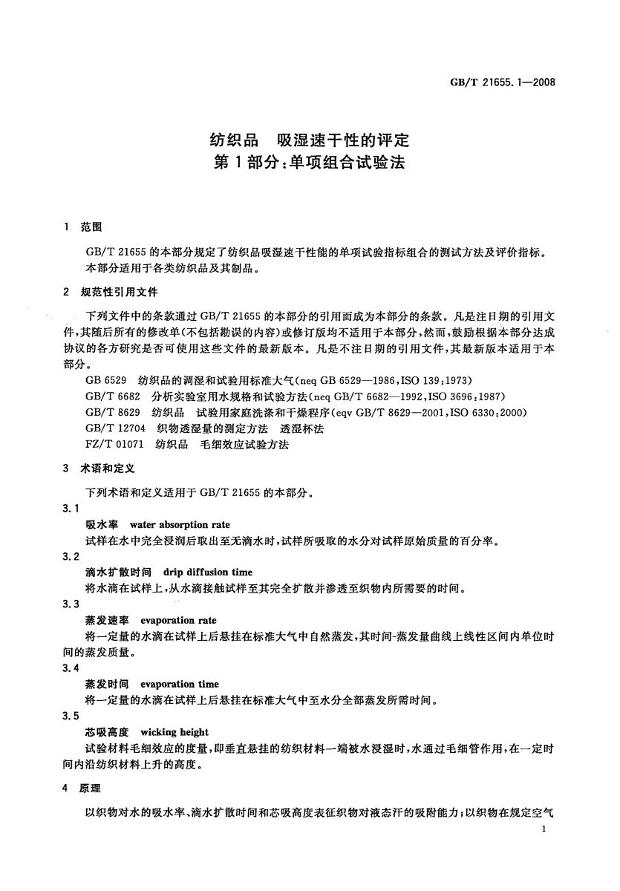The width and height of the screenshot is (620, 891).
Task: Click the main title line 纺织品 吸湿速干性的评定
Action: coord(309,139)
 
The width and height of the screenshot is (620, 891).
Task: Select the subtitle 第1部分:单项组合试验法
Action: coord(309,163)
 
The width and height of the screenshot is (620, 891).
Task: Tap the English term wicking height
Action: coord(174,731)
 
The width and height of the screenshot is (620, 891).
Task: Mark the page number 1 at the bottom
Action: coord(544,829)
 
